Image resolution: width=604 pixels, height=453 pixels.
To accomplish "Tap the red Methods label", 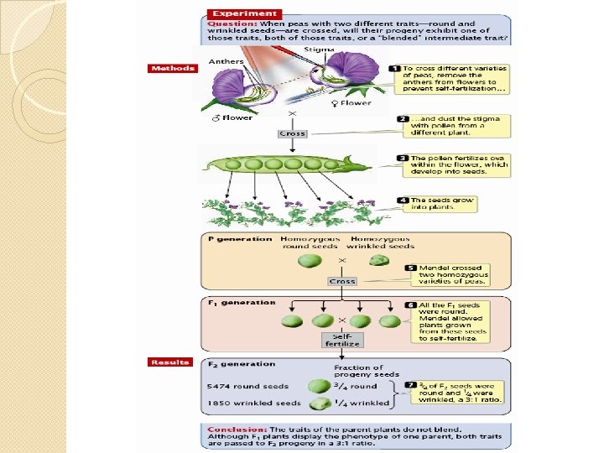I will coord(172,68).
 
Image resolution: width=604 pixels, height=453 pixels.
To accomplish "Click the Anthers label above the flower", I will coord(226,61).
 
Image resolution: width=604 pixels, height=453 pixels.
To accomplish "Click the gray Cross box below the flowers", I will coord(292,133).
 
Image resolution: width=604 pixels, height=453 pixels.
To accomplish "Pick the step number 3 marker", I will coord(404,158).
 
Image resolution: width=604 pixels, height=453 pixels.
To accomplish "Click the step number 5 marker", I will coord(410,268).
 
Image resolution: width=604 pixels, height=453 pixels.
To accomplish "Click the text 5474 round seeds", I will coord(247,387).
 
